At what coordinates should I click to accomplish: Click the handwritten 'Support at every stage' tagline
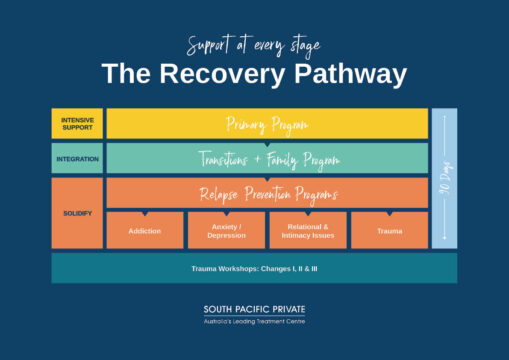pyautogui.click(x=254, y=44)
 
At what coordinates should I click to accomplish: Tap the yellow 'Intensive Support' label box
pyautogui.click(x=77, y=124)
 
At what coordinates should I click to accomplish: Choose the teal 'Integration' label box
pyautogui.click(x=77, y=158)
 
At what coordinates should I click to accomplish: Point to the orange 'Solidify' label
pyautogui.click(x=77, y=213)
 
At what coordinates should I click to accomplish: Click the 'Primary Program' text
pyautogui.click(x=266, y=124)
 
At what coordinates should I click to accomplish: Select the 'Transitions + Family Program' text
pyautogui.click(x=266, y=159)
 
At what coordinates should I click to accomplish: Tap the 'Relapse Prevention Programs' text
pyautogui.click(x=266, y=193)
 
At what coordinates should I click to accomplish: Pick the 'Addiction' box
pyautogui.click(x=145, y=231)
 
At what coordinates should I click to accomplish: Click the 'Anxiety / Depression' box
pyautogui.click(x=227, y=231)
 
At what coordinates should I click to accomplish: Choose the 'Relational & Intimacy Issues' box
pyautogui.click(x=308, y=231)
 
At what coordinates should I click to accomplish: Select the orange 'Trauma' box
pyautogui.click(x=389, y=231)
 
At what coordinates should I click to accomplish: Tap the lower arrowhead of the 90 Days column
pyautogui.click(x=444, y=240)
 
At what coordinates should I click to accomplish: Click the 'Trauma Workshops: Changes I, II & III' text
pyautogui.click(x=254, y=269)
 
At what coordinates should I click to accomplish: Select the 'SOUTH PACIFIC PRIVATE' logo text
pyautogui.click(x=254, y=310)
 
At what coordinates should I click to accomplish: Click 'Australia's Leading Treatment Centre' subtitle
pyautogui.click(x=254, y=322)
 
